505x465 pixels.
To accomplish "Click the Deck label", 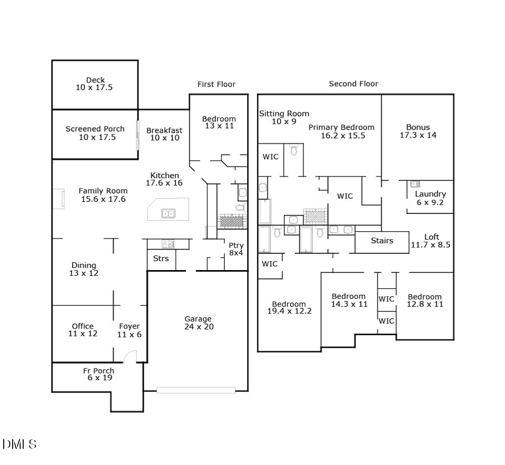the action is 96,80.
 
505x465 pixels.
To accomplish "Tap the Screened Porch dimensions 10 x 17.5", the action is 97,137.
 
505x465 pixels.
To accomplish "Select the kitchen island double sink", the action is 168,213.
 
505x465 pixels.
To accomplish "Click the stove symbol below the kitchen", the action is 168,244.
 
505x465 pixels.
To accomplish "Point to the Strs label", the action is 161,259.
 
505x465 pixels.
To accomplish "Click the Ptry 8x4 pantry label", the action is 236,249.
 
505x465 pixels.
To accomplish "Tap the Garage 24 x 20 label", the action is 199,323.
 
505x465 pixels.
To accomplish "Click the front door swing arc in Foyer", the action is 129,354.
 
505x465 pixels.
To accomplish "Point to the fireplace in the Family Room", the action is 59,199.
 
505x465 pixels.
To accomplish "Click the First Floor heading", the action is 216,84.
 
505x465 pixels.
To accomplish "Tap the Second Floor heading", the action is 353,84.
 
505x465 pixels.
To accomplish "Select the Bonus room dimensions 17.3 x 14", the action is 418,135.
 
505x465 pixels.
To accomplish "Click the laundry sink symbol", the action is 415,184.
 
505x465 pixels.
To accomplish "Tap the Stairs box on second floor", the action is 382,242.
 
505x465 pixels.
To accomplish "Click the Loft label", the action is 432,236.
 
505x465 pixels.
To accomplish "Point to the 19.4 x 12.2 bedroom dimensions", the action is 290,311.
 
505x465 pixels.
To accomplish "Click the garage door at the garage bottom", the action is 196,390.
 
